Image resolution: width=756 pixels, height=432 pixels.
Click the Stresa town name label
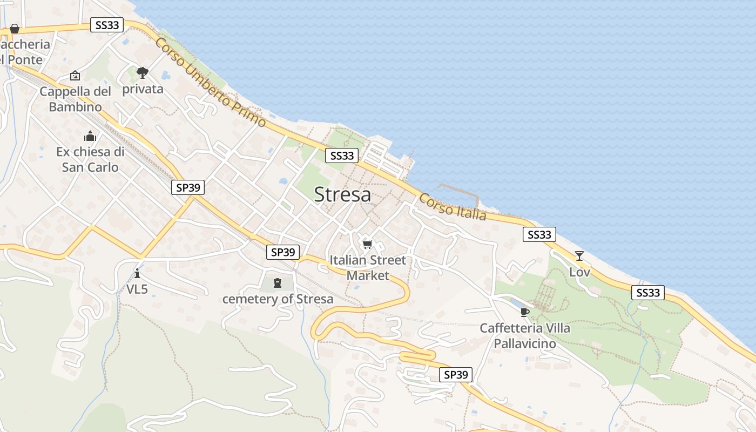(x=342, y=194)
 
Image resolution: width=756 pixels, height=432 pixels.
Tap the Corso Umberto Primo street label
(x=211, y=82)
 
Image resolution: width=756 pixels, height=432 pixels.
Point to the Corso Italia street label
(x=453, y=207)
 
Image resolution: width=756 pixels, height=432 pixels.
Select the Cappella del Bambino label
(x=75, y=99)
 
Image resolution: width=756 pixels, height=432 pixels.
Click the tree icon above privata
(x=143, y=72)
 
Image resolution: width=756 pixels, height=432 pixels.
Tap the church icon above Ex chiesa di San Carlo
(x=90, y=136)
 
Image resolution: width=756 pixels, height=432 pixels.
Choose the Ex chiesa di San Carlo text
(x=90, y=159)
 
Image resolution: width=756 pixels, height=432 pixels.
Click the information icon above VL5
(x=137, y=273)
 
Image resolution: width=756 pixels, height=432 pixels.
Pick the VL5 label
(x=137, y=289)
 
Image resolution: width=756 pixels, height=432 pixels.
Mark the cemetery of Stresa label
(x=278, y=299)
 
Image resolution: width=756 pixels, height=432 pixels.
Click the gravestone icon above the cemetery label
(x=278, y=282)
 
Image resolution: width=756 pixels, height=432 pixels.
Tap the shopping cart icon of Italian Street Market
(x=368, y=244)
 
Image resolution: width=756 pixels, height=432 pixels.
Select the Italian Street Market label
(x=368, y=268)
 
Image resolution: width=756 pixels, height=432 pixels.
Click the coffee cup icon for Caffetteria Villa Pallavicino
(x=525, y=312)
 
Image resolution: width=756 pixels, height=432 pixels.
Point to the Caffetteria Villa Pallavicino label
(x=525, y=335)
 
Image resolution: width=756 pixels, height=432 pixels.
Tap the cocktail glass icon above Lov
(x=579, y=256)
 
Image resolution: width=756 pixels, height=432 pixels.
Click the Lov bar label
(x=579, y=272)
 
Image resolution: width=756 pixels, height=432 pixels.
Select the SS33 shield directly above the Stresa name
(x=342, y=156)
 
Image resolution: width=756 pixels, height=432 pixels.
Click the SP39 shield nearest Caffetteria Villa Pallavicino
(x=456, y=375)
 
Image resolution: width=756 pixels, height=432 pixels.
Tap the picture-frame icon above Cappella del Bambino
(x=75, y=76)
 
